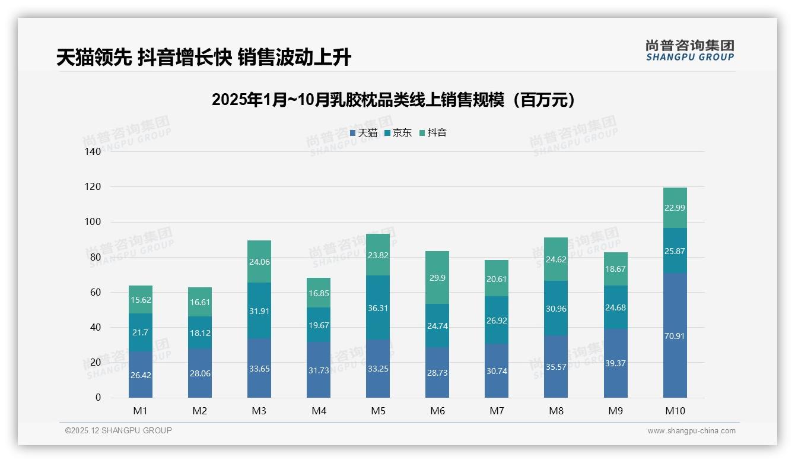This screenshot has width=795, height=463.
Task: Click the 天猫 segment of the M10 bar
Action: (675, 335)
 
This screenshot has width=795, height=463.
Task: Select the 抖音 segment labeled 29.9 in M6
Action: (437, 278)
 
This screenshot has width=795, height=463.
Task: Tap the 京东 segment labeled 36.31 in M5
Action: (378, 307)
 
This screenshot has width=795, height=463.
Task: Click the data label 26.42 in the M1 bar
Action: (141, 376)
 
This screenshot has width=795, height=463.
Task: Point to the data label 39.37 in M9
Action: (615, 363)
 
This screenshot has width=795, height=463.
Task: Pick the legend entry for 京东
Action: (398, 133)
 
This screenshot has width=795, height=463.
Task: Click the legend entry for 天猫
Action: (363, 133)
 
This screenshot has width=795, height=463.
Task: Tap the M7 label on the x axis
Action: (497, 411)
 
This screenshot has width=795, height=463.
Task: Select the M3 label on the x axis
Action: (259, 411)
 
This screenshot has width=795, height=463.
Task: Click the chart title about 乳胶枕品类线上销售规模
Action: (394, 100)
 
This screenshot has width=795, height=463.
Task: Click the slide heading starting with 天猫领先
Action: (203, 58)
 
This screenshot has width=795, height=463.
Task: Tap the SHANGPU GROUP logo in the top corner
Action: (689, 50)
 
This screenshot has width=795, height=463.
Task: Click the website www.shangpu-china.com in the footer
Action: (691, 431)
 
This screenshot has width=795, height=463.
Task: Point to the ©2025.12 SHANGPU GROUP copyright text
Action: (119, 431)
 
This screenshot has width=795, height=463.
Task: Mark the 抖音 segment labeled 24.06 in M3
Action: (259, 262)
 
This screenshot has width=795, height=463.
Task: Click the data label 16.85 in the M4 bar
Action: (319, 293)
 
